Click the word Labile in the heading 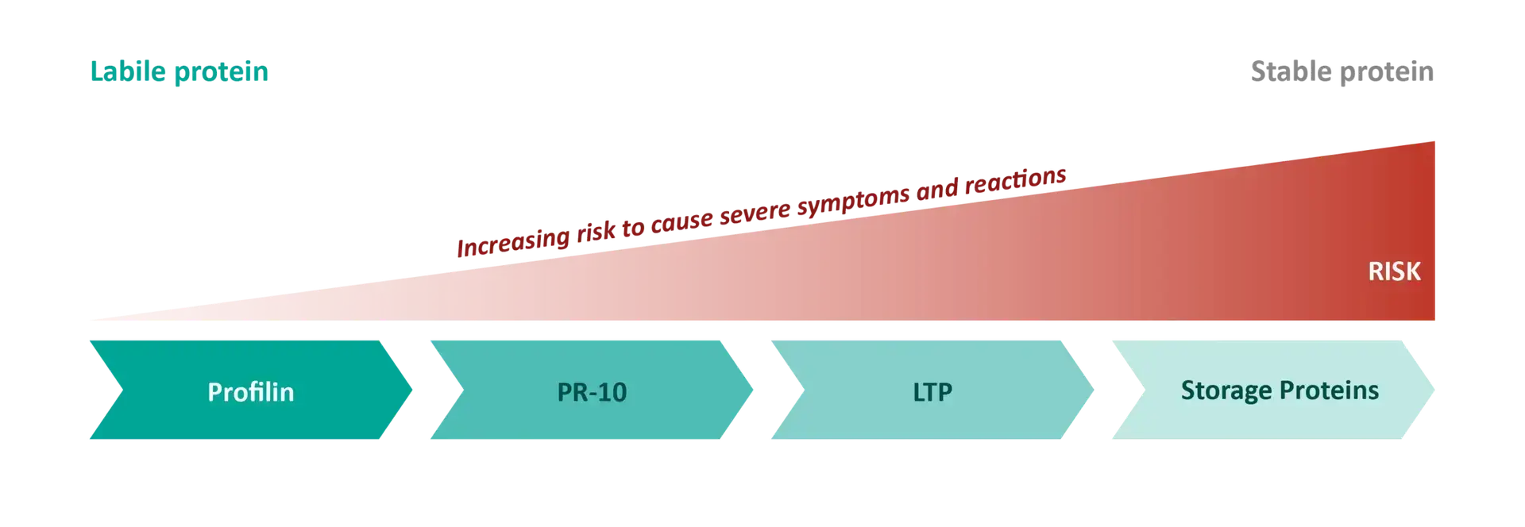[x=128, y=71]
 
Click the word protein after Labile [x=221, y=74]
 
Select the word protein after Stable [x=1388, y=74]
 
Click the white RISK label [x=1394, y=271]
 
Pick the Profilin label [x=251, y=391]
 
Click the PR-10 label [x=592, y=392]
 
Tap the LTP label [x=932, y=392]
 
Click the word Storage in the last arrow [x=1226, y=391]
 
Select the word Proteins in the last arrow [x=1329, y=390]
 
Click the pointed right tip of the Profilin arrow [x=411, y=390]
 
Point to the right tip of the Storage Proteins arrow [x=1434, y=390]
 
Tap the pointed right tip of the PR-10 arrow [x=752, y=390]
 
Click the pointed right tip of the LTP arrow [x=1093, y=390]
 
